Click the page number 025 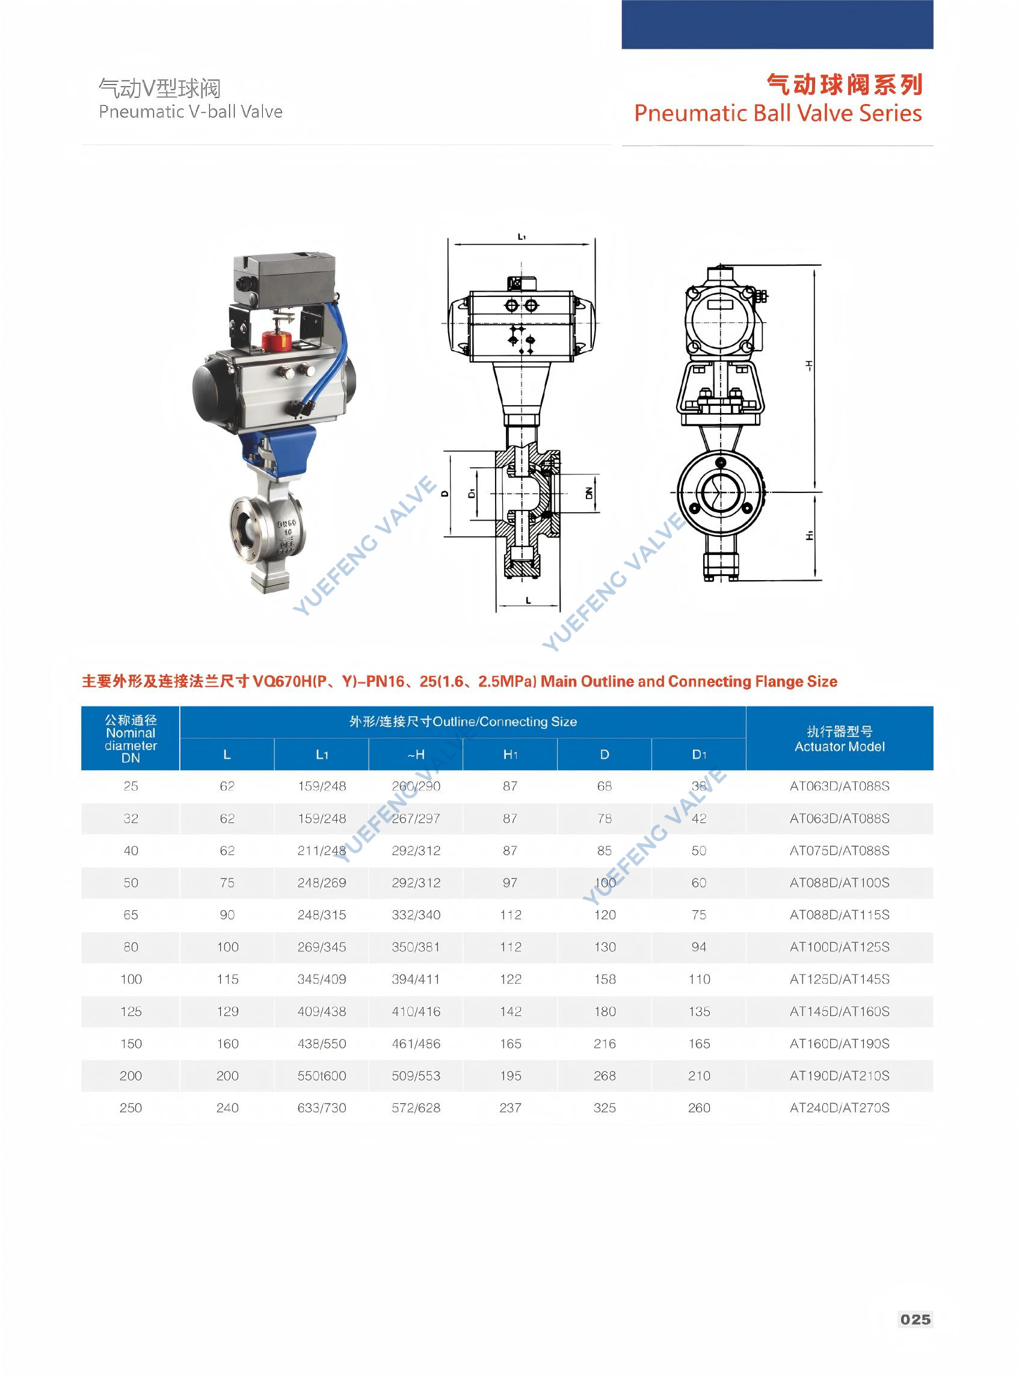(x=915, y=1319)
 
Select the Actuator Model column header (x=839, y=739)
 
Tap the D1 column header (x=698, y=754)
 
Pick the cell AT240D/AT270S (x=839, y=1107)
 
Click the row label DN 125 (x=131, y=1011)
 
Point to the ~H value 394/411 (x=416, y=979)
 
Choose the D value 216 (x=605, y=1043)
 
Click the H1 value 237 (x=510, y=1107)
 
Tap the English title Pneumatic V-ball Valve (x=191, y=112)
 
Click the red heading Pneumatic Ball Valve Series (x=777, y=114)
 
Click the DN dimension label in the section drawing (x=589, y=492)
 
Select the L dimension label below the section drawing (x=528, y=600)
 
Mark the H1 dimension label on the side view (x=809, y=536)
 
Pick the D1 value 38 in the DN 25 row (x=698, y=786)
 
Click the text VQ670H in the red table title (x=283, y=681)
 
